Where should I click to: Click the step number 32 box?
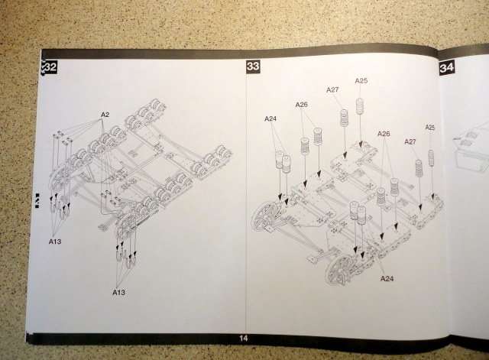(x=50, y=67)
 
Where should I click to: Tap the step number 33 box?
(x=254, y=67)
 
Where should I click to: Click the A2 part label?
(x=105, y=115)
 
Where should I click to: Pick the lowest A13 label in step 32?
(x=118, y=292)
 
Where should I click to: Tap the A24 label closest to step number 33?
(x=271, y=118)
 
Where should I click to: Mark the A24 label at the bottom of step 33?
(x=387, y=278)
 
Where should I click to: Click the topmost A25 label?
(x=361, y=81)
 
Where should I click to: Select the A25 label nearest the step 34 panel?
(x=430, y=127)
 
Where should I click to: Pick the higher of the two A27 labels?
(x=333, y=90)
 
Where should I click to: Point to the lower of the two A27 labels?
(x=410, y=141)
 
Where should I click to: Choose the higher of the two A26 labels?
(x=302, y=105)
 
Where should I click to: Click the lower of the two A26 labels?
(x=384, y=135)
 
